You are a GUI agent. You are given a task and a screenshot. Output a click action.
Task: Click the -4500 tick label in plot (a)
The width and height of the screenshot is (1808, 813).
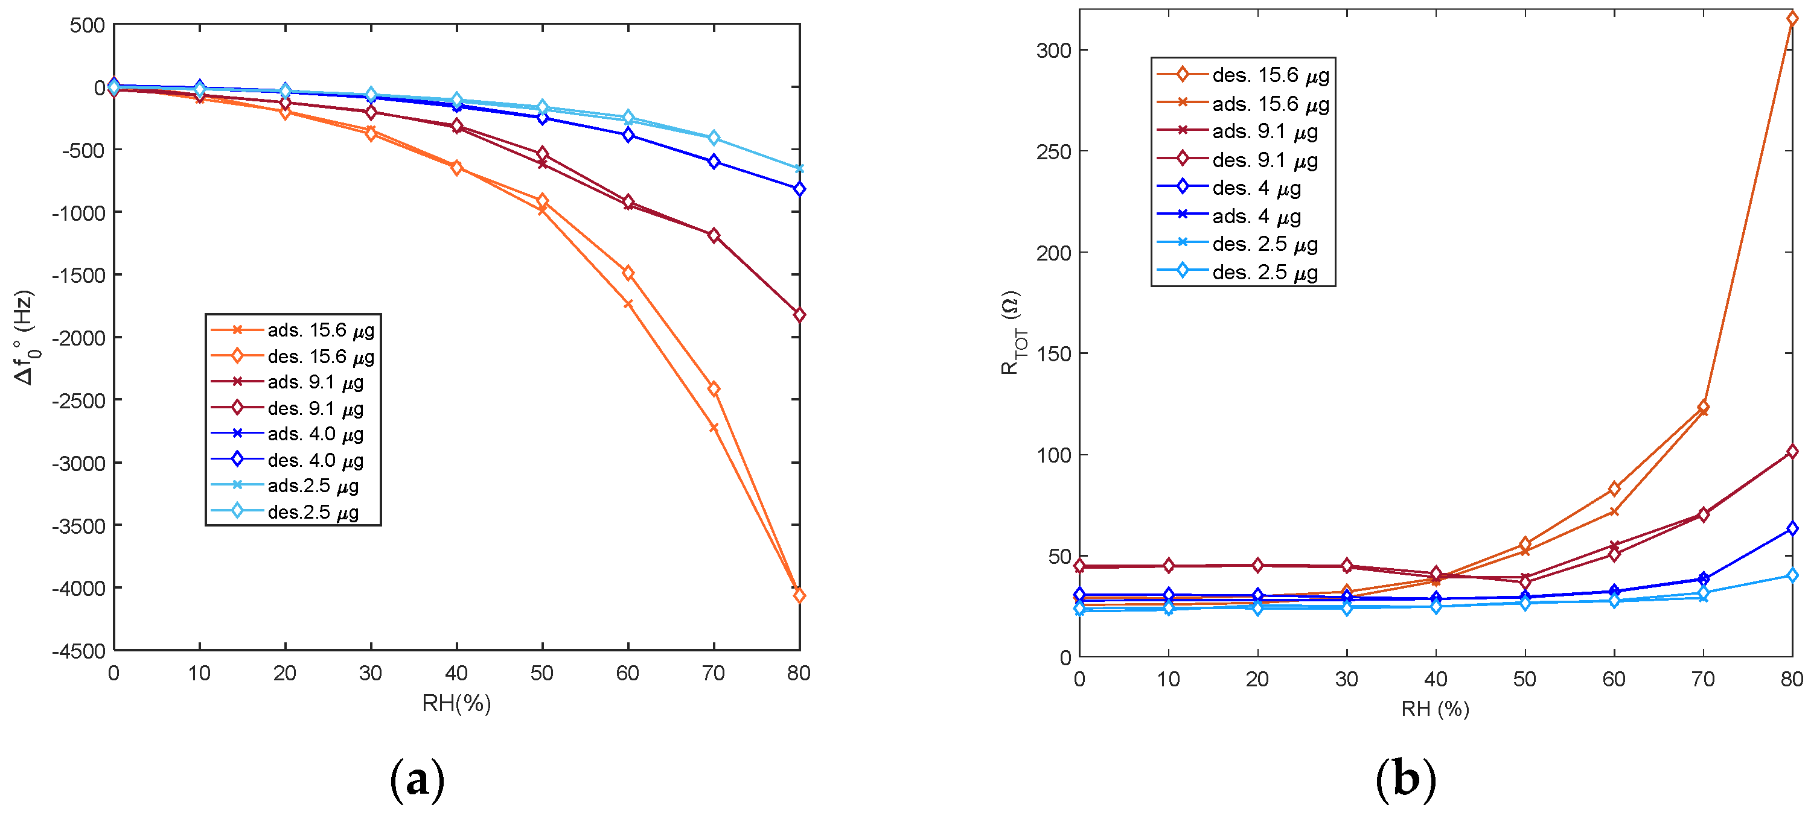tap(78, 650)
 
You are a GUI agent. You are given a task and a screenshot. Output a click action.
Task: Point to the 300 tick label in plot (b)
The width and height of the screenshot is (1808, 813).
tap(1053, 51)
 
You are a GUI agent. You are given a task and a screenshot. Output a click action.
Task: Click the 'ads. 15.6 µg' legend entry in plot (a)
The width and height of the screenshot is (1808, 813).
tap(320, 330)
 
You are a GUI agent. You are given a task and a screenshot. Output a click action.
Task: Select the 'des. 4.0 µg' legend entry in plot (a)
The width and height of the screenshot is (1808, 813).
tap(315, 460)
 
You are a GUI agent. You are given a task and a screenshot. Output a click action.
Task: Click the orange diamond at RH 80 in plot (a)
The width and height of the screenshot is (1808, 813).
tap(799, 595)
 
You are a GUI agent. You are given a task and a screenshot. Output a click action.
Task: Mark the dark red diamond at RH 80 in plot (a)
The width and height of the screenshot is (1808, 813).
tap(799, 314)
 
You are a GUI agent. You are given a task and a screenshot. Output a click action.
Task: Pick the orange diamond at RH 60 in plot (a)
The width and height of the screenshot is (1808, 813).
tap(628, 273)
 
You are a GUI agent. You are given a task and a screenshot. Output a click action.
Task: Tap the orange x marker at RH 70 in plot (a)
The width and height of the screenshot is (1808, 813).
tap(714, 427)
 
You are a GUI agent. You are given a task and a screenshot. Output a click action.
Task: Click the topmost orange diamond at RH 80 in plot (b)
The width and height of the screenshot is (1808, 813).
tap(1792, 19)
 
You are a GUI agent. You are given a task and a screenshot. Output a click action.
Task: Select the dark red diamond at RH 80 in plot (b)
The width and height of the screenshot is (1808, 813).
tap(1792, 452)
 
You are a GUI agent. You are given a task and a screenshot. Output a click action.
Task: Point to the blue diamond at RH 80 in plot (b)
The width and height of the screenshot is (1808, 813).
tap(1792, 528)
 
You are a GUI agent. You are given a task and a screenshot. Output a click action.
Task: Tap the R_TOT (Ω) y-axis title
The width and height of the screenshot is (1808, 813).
tap(1011, 332)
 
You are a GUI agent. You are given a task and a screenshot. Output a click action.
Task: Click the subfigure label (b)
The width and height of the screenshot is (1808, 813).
tap(1405, 779)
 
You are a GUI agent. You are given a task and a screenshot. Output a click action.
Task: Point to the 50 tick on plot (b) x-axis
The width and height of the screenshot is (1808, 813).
tap(1524, 679)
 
